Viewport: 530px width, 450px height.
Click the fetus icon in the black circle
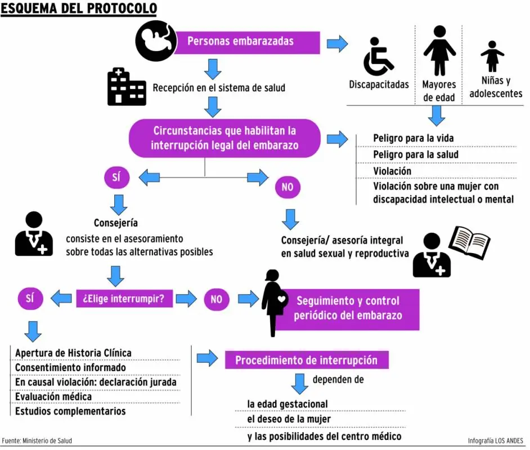coord(156,41)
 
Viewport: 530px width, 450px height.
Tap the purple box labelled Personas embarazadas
coord(247,43)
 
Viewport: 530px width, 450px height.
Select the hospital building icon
coord(127,87)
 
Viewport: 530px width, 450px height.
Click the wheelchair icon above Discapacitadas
coord(378,56)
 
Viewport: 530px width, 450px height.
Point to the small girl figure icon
coord(492,56)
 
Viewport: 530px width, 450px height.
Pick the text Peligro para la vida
coord(414,138)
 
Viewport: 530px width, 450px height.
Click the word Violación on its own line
coord(392,171)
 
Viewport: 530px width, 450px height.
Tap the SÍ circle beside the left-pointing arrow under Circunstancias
coord(116,177)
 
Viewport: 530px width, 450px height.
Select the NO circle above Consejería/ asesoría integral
coord(288,187)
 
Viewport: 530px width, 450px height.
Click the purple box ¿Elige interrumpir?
coord(124,298)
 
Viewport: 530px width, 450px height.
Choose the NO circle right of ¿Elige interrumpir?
coord(217,299)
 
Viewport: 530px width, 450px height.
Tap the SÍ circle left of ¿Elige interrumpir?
coord(30,298)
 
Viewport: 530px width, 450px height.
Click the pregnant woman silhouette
coord(274,303)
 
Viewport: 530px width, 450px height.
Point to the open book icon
coord(469,242)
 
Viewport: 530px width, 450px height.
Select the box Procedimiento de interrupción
coord(307,360)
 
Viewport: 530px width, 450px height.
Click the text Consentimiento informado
coord(71,367)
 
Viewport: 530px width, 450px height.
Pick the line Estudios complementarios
coord(70,411)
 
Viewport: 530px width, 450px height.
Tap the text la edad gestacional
coord(288,404)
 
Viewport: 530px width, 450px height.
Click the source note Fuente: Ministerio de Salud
coord(37,441)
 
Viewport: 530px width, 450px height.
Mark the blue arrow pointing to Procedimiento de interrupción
coord(208,358)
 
